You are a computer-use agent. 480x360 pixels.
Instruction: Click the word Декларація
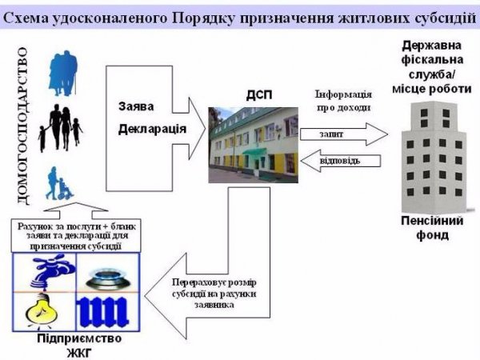coord(153,129)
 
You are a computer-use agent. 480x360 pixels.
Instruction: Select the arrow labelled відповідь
coord(339,160)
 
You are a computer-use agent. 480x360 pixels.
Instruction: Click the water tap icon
coord(46,271)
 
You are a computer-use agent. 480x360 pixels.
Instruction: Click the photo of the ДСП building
coord(254,140)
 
